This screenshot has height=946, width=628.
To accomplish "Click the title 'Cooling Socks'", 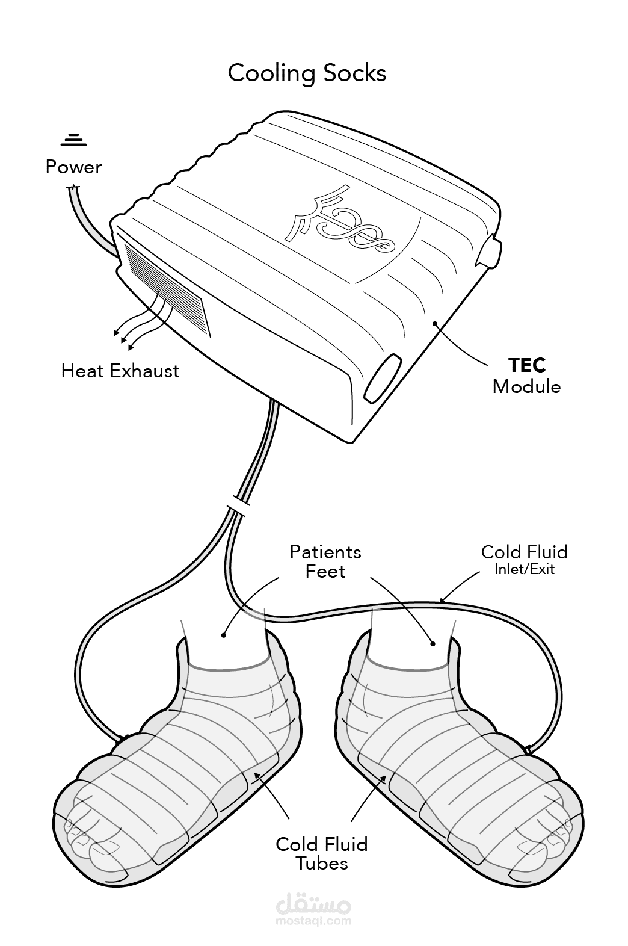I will point(307,73).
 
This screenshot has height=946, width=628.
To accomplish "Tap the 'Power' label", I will point(73,167).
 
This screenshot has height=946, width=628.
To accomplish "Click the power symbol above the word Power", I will point(73,140).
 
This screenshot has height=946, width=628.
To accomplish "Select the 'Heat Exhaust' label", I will point(120,371).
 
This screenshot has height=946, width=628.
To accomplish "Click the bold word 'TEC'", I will point(527,365).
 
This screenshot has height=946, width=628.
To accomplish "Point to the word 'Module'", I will point(526,386).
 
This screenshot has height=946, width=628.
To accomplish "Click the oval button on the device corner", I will point(382,379).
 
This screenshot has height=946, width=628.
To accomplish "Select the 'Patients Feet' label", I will point(325,561).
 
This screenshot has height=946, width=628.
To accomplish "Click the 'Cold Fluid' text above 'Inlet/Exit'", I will point(524,552).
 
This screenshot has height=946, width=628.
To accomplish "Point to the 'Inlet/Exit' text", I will point(525,569).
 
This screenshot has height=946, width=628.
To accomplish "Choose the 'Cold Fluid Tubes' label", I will point(321,853).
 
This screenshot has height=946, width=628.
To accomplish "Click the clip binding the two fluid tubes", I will point(239,504).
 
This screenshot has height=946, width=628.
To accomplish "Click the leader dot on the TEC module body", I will point(434,323).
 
